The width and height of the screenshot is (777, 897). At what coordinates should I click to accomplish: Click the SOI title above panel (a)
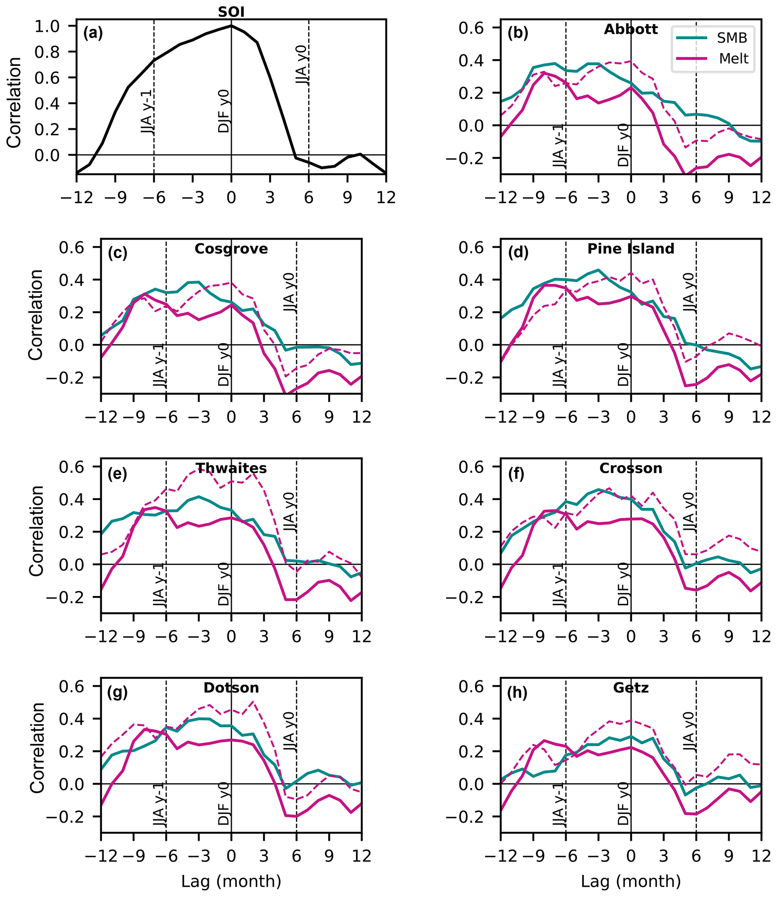click(231, 12)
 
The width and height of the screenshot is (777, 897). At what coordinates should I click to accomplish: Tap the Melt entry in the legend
click(734, 58)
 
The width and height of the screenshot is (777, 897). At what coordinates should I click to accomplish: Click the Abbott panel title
click(631, 29)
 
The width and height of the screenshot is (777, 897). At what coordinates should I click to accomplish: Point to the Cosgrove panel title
click(231, 249)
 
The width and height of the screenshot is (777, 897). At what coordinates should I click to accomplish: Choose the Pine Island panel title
click(631, 249)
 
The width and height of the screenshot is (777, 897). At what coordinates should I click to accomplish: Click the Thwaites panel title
click(231, 468)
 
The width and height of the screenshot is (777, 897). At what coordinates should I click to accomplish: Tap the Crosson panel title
click(631, 468)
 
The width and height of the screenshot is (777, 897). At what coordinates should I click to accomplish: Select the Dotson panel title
click(231, 688)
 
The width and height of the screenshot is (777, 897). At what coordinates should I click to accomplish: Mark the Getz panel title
click(631, 688)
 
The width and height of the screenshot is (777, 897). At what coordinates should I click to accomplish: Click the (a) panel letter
click(93, 33)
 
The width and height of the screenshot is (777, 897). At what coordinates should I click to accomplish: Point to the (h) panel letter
click(517, 693)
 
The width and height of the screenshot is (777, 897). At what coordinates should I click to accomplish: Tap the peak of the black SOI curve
click(231, 26)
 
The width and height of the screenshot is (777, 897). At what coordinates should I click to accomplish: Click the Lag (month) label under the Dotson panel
click(231, 881)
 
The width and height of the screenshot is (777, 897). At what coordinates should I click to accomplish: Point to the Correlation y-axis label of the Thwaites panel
click(37, 531)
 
